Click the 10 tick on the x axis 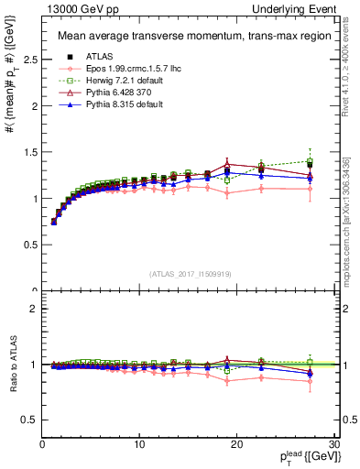(x=139, y=443)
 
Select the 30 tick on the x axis (x=334, y=443)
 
